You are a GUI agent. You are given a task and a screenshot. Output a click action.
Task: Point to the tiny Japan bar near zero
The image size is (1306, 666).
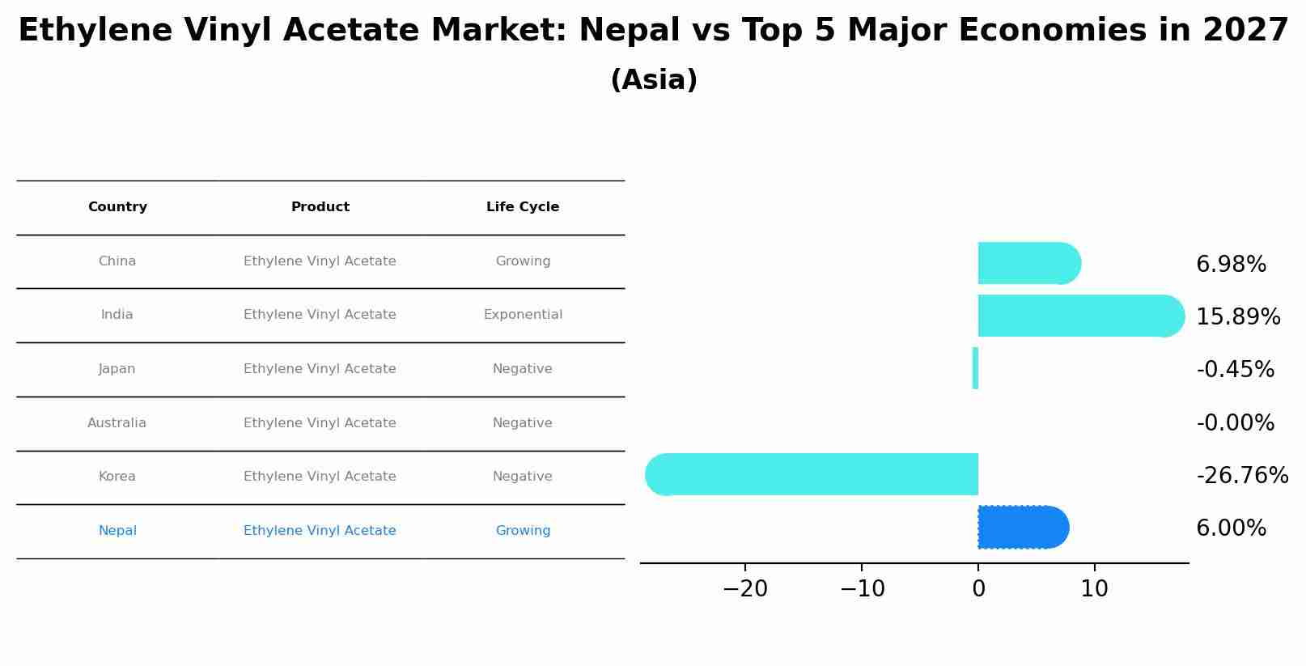coord(975,368)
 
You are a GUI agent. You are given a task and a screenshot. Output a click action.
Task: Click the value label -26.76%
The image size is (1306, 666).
coord(1241,476)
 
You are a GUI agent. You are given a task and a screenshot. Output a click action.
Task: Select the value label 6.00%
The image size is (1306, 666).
coord(1230,528)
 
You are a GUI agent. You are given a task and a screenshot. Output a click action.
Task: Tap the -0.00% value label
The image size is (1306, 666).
coord(1235,423)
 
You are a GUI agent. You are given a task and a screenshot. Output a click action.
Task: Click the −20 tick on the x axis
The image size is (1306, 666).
coord(744,589)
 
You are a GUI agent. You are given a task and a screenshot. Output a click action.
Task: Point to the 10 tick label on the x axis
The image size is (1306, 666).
coord(1094,589)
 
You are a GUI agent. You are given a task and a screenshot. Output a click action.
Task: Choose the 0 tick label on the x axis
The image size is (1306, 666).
coord(978,589)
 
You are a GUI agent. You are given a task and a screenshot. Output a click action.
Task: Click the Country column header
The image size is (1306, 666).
coord(117,207)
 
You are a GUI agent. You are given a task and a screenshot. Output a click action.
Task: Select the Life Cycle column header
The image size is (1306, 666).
coord(523,207)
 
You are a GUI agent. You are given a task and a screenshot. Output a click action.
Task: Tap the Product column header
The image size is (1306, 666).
coord(320,207)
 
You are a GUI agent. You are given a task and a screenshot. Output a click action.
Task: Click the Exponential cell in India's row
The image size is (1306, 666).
coord(523,315)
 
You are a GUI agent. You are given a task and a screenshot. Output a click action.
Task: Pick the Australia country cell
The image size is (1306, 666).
coord(117,423)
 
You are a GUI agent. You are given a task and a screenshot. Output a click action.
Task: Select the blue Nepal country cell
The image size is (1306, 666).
coord(117,531)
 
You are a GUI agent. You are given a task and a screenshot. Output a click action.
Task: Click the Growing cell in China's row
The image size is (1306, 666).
coord(523,261)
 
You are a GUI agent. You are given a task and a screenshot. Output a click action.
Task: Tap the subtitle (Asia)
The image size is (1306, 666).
coord(654,80)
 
